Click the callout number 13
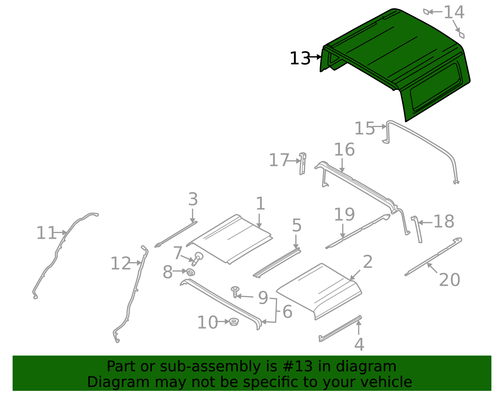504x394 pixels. [300, 59]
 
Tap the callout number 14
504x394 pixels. [454, 13]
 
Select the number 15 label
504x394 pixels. [364, 129]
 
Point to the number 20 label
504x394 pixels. [449, 280]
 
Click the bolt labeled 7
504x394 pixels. [198, 258]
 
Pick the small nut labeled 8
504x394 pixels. [191, 272]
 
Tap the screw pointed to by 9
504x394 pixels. [235, 292]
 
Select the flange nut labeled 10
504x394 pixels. [234, 322]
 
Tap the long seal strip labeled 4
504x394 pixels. [340, 328]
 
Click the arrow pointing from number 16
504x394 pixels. [342, 165]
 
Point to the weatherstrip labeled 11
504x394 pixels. [57, 252]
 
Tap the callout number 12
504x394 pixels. [120, 264]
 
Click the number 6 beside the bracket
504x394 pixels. [287, 312]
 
